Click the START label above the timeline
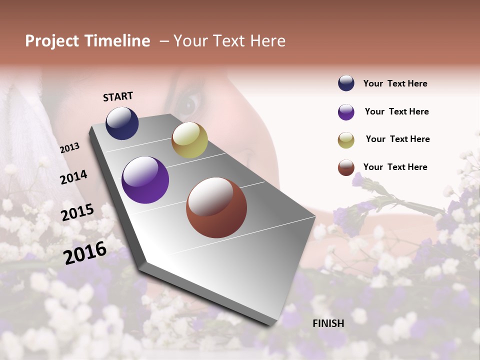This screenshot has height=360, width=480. tap(118, 96)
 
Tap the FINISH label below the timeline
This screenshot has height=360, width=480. tap(328, 323)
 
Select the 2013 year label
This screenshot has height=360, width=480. tap(69, 148)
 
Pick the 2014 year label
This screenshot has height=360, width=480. tap(73, 177)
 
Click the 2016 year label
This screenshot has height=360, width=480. tap(85, 252)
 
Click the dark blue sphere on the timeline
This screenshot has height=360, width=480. tap(122, 123)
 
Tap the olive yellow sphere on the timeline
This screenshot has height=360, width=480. tap(189, 140)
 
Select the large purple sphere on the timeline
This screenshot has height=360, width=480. tap(145, 180)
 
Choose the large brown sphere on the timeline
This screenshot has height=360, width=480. tap(216, 207)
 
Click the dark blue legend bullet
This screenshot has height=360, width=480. tap(346, 83)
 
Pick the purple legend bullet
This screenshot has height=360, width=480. tap(346, 112)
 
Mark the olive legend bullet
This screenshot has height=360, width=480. tap(346, 140)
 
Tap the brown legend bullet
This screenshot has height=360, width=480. tap(346, 167)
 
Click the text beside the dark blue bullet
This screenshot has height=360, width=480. tap(395, 84)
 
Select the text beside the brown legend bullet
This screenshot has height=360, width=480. tap(395, 167)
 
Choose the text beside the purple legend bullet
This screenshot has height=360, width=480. tap(396, 111)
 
